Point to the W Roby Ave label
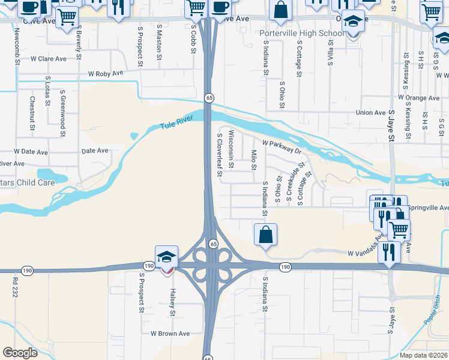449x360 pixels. tap(105, 74)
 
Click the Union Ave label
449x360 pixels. tap(370, 112)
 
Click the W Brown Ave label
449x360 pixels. tap(170, 334)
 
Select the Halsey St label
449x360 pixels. tap(172, 301)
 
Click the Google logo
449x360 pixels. tap(20, 352)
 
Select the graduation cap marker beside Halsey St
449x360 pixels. tap(167, 257)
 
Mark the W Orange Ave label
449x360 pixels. tap(418, 97)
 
